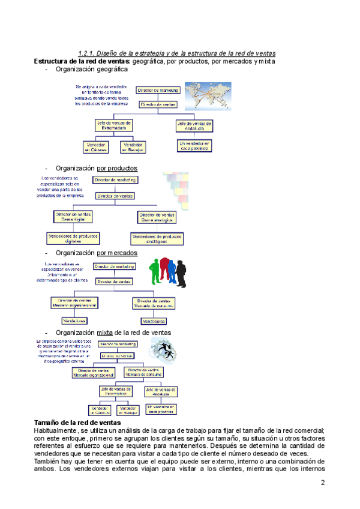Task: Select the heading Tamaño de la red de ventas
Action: pyautogui.click(x=78, y=423)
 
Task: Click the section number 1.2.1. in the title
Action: pyautogui.click(x=90, y=53)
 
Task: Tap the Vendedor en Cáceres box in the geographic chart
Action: pyautogui.click(x=97, y=146)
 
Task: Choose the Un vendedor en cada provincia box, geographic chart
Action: pyautogui.click(x=194, y=146)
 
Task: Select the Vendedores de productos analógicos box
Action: pyautogui.click(x=157, y=238)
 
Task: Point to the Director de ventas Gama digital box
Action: pyautogui.click(x=74, y=215)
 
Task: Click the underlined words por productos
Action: pyautogui.click(x=117, y=168)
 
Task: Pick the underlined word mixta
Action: pyautogui.click(x=104, y=332)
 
